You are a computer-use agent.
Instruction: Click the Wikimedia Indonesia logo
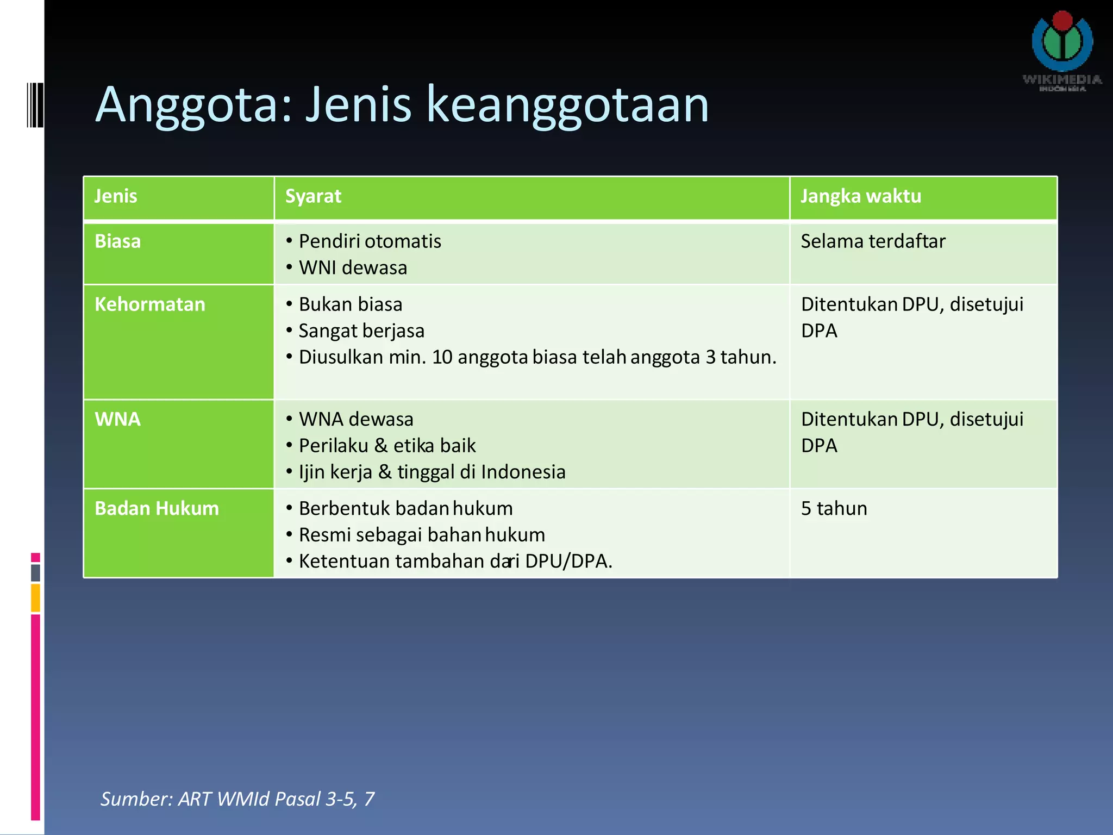click(1062, 49)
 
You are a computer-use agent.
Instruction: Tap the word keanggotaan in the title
click(567, 104)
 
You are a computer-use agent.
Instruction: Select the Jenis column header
click(116, 196)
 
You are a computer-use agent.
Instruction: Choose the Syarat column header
click(313, 196)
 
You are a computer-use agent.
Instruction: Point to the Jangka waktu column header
click(861, 196)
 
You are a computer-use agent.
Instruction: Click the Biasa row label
click(118, 241)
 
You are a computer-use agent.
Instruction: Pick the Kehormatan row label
click(150, 304)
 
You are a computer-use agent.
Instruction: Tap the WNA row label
click(118, 419)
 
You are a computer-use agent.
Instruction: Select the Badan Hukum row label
click(157, 508)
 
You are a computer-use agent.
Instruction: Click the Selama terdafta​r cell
click(873, 241)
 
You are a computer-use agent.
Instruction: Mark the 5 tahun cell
click(834, 508)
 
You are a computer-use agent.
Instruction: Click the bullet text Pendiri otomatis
click(370, 241)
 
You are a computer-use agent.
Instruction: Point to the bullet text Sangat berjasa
click(361, 331)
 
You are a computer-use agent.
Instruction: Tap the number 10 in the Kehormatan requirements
click(442, 357)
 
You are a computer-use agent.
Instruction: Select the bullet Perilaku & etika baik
click(387, 446)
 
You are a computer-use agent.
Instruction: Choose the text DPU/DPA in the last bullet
click(568, 561)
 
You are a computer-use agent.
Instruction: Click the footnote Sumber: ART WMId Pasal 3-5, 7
click(237, 799)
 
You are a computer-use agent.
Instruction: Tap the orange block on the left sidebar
click(35, 597)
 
